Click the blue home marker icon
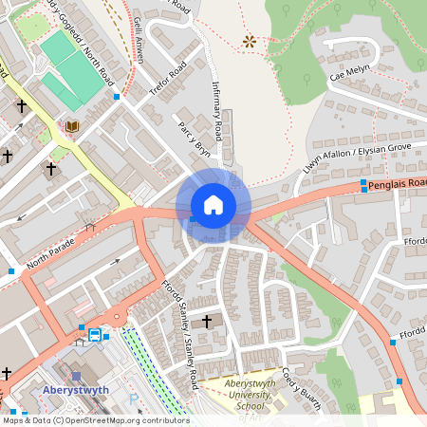213,205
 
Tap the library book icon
71,126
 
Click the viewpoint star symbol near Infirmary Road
250,41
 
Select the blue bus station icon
95,334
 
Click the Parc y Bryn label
192,139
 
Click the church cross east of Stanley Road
207,322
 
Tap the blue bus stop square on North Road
117,97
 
